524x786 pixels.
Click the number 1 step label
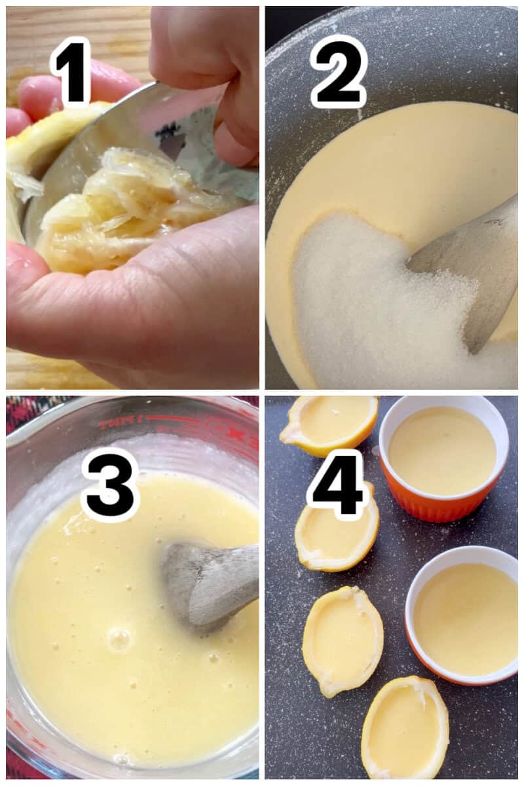pyautogui.click(x=70, y=71)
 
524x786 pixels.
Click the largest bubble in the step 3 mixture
pyautogui.click(x=119, y=639)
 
